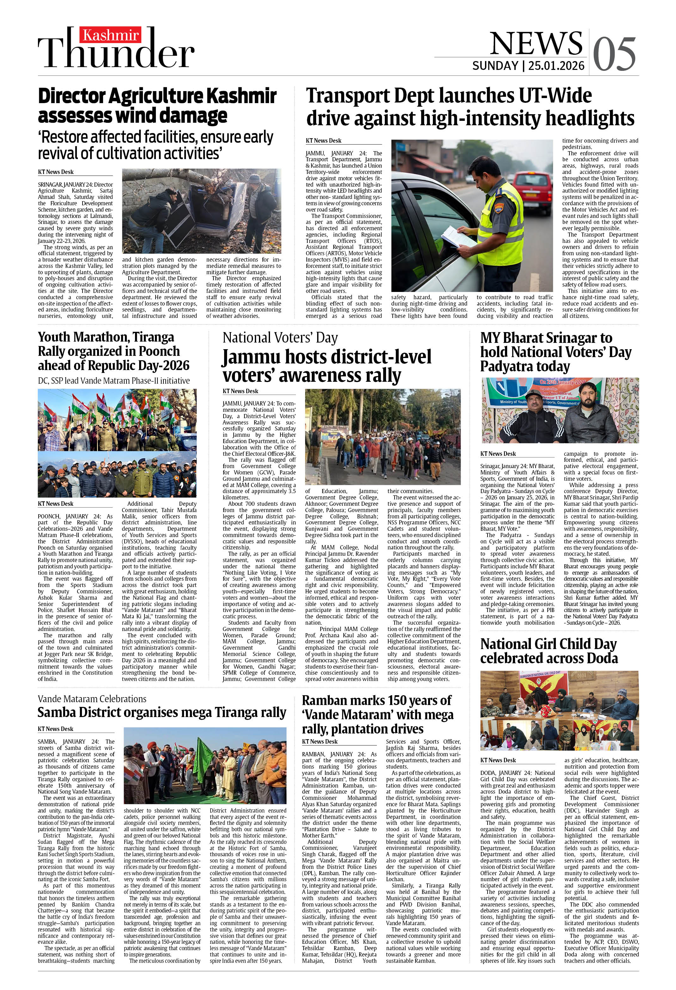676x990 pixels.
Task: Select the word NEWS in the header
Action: tap(536, 43)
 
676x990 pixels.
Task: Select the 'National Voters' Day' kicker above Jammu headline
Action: tap(280, 338)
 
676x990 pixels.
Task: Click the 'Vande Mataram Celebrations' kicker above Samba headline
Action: tap(92, 699)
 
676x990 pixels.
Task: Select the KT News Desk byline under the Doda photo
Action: tap(498, 760)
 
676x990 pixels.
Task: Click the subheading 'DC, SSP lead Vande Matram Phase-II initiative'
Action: tap(114, 381)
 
